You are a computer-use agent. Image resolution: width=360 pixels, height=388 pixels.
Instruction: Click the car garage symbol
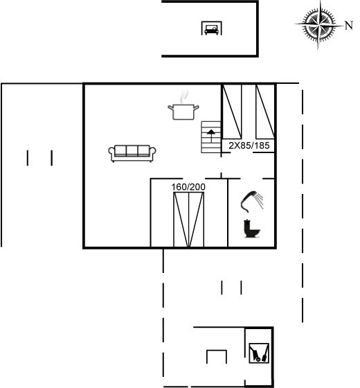tap(211, 28)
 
